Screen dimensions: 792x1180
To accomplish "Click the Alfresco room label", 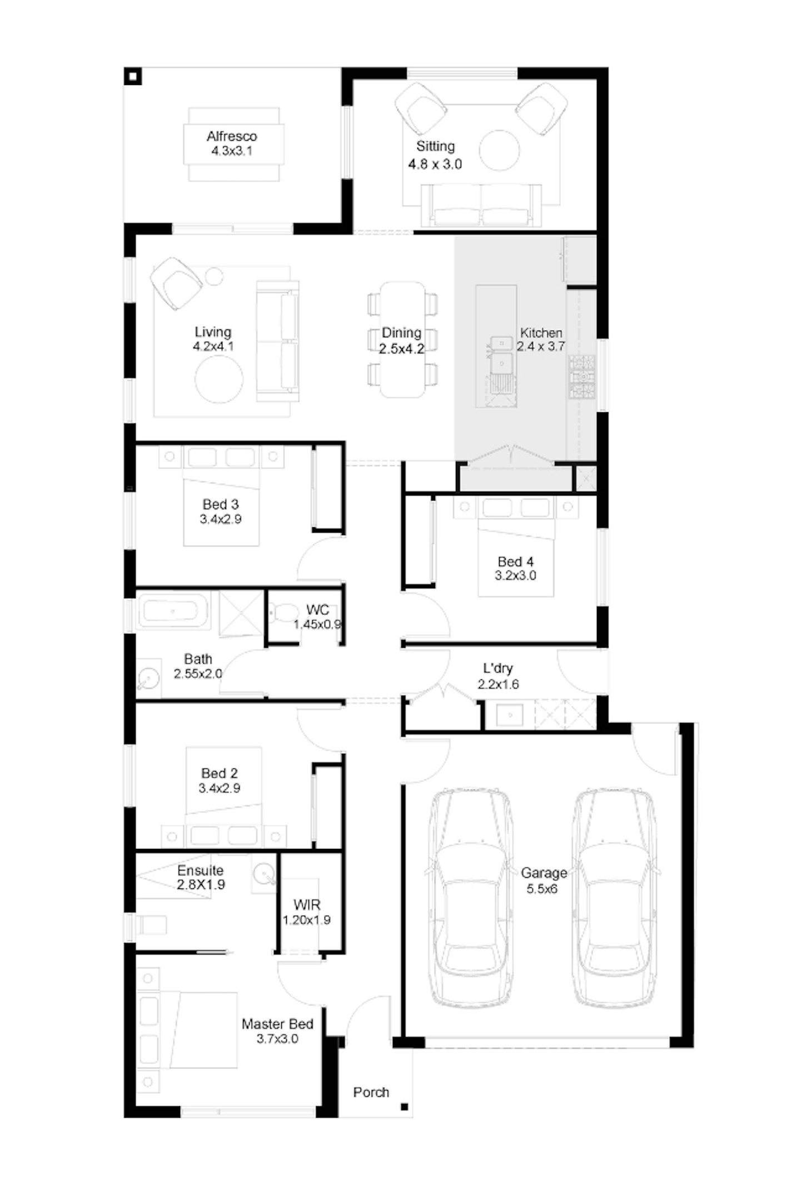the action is point(232,136).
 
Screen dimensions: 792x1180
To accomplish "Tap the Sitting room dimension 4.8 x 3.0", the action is point(435,164).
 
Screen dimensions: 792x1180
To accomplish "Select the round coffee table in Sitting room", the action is point(499,150).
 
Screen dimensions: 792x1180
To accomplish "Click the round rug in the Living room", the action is point(219,379).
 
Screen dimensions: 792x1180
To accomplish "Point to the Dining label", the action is point(401,333).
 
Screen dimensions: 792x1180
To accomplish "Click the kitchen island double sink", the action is point(502,355).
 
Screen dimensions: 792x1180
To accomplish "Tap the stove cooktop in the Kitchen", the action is point(581,377).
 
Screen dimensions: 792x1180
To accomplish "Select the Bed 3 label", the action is point(221,504).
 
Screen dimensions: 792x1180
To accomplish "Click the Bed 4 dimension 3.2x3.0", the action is point(515,576).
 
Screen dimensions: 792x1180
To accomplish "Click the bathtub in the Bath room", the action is point(173,611).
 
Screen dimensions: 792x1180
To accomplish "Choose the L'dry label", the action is point(497,668).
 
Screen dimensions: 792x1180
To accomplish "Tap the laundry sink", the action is point(509,716).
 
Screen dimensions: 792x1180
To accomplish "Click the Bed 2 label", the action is point(220,773).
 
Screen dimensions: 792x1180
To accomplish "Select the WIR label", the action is point(307,905).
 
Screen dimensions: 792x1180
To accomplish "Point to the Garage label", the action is point(544,873).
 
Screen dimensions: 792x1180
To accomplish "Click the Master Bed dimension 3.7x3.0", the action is point(277,1038).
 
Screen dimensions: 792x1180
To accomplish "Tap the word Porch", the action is point(371,1092).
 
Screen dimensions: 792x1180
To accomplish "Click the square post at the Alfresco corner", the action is point(133,76).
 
